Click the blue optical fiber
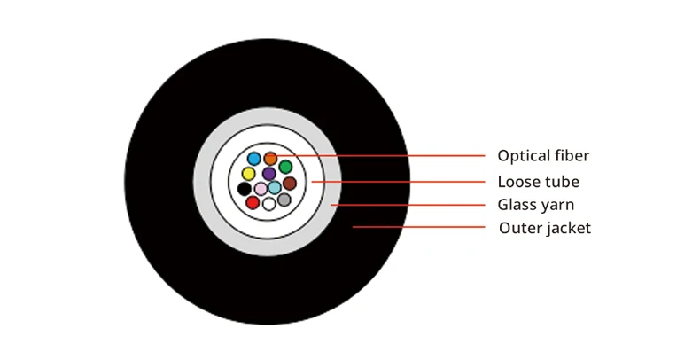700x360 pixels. [x=254, y=159]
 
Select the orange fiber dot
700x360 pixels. [x=270, y=159]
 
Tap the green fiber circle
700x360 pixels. [x=285, y=167]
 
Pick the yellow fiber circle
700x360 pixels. [x=248, y=174]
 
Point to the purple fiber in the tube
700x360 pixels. [x=268, y=174]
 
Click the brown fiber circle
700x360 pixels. [x=290, y=184]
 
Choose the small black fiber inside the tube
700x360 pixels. [x=245, y=189]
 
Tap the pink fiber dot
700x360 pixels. [x=261, y=189]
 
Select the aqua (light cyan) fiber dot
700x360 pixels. [x=275, y=187]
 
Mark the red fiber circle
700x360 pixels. [x=253, y=203]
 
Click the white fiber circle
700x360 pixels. [x=268, y=204]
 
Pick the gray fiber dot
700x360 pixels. [x=284, y=200]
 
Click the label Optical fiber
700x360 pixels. [x=543, y=156]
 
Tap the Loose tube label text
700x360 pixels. [x=539, y=182]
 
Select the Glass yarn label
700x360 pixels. [x=536, y=205]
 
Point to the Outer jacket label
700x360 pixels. [x=545, y=228]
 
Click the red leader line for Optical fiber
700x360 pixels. [x=380, y=156]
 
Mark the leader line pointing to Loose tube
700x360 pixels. [x=398, y=182]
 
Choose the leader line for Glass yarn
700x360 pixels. [x=408, y=205]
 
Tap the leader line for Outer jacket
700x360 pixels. [x=419, y=227]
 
